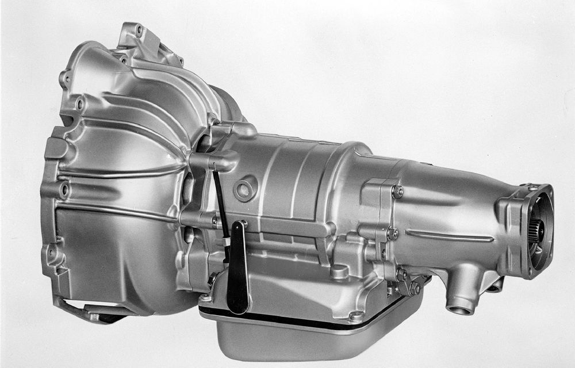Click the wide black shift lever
pyautogui.click(x=237, y=276)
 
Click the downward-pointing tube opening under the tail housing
pyautogui.click(x=460, y=309)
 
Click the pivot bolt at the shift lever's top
pyautogui.click(x=243, y=223)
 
